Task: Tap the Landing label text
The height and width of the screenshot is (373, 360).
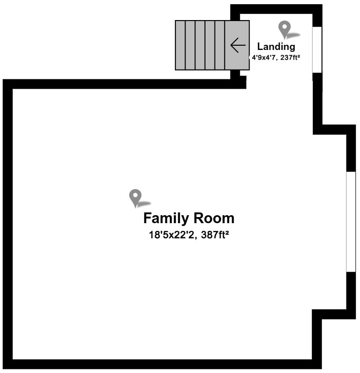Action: (x=276, y=47)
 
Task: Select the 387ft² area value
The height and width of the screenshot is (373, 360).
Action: (x=213, y=235)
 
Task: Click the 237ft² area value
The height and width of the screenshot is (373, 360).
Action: (x=288, y=58)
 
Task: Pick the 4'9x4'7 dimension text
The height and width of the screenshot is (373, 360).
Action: (x=264, y=58)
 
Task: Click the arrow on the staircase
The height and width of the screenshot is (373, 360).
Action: (x=238, y=45)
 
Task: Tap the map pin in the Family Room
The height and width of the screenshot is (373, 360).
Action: (x=135, y=197)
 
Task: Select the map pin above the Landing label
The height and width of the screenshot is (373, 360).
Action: (x=284, y=29)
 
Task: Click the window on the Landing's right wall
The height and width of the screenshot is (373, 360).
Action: (x=317, y=49)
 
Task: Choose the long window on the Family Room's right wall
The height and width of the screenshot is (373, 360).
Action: (x=351, y=222)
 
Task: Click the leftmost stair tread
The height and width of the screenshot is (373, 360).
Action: (x=180, y=45)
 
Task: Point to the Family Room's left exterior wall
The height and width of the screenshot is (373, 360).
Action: (x=7, y=224)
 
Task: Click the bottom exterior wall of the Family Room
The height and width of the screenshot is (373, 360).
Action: (x=163, y=364)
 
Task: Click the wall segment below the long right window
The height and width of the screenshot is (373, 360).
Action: (x=351, y=292)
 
